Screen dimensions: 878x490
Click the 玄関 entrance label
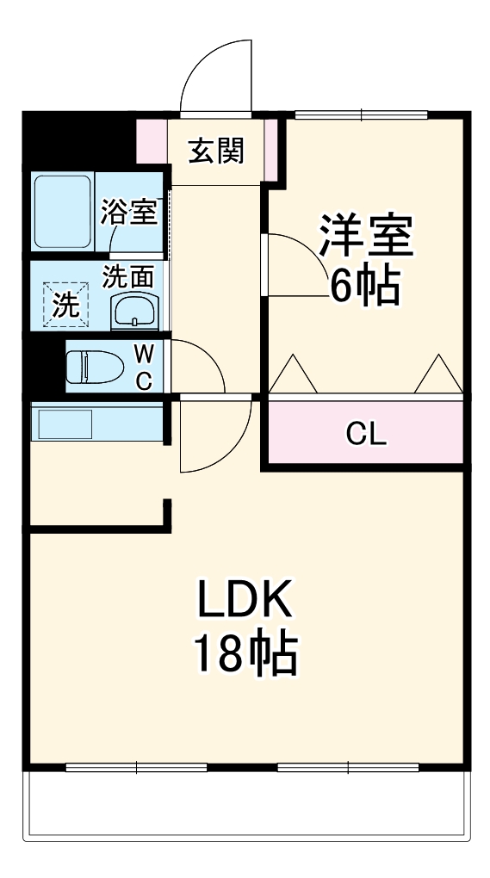point(217,151)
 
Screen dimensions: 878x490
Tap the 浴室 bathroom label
point(129,212)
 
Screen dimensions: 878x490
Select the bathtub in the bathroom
point(62,212)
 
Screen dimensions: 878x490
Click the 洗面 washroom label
point(129,276)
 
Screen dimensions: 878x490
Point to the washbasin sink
point(135,311)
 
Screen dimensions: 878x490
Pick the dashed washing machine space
point(66,305)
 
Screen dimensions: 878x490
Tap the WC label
point(145,367)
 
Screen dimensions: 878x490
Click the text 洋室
point(367,234)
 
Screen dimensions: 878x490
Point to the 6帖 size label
point(365,287)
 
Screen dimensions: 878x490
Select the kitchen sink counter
point(63,423)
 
